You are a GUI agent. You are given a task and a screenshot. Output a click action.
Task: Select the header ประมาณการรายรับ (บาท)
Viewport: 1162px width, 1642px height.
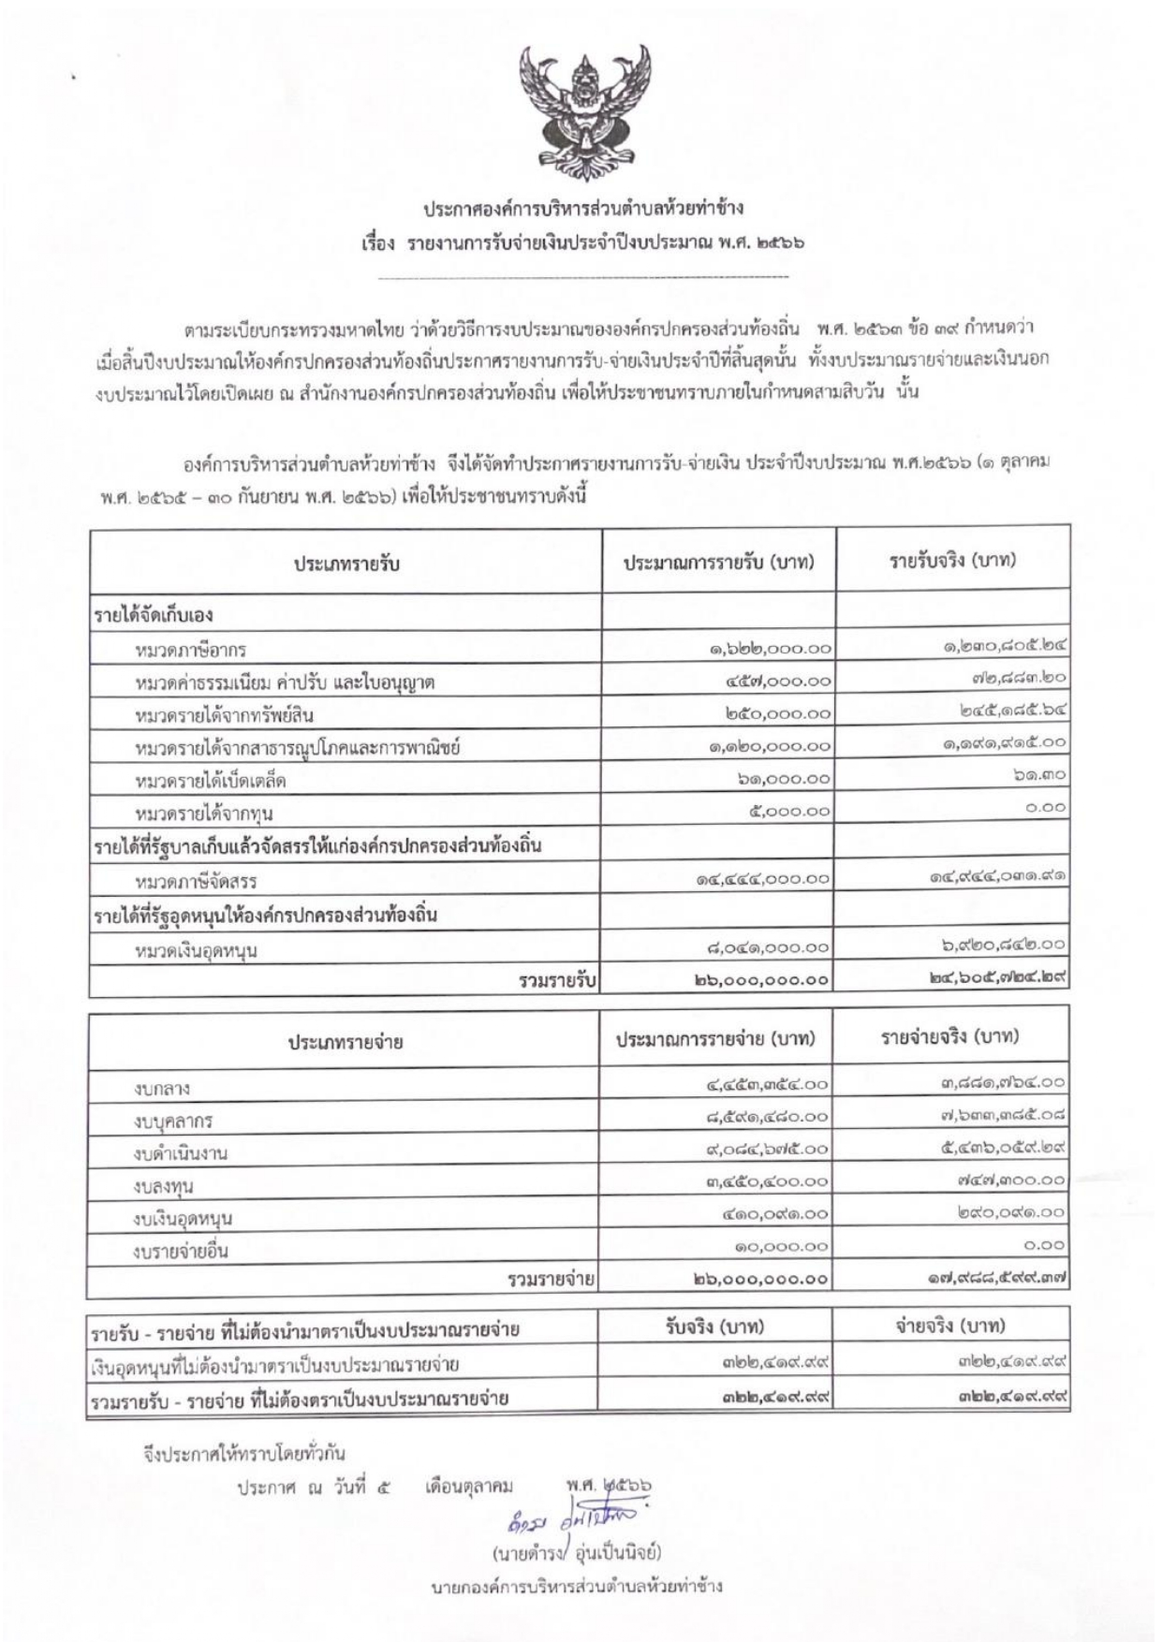tap(719, 563)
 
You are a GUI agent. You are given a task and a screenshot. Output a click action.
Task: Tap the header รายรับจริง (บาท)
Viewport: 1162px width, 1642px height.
tap(953, 561)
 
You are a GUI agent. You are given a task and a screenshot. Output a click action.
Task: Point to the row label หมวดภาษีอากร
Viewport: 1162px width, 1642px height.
tap(191, 650)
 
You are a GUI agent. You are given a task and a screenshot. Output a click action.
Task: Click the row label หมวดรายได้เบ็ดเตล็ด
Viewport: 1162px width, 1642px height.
tap(211, 780)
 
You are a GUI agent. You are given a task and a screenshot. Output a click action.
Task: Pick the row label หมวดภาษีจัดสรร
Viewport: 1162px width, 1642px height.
tap(197, 881)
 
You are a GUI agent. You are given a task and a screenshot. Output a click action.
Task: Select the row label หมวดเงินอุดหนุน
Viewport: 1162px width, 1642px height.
tap(197, 951)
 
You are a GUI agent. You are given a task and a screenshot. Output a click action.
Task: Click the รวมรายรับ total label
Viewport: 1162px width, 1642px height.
tap(558, 980)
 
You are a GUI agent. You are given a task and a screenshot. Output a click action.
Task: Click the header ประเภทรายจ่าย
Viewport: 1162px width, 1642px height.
tap(346, 1041)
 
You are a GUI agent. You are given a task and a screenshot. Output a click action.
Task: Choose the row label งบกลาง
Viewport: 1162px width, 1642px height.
tap(162, 1088)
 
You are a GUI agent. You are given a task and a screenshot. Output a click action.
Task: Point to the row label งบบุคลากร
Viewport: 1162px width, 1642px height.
tap(173, 1121)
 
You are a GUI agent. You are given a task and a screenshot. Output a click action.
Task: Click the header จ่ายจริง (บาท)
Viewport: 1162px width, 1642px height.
tap(951, 1327)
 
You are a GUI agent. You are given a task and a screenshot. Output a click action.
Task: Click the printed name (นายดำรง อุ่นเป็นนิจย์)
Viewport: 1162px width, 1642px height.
tap(577, 1553)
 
